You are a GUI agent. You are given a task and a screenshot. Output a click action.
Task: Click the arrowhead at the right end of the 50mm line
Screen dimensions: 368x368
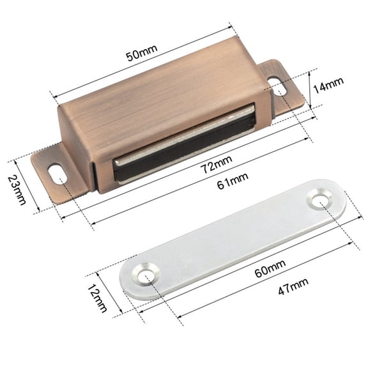coord(230,27)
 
